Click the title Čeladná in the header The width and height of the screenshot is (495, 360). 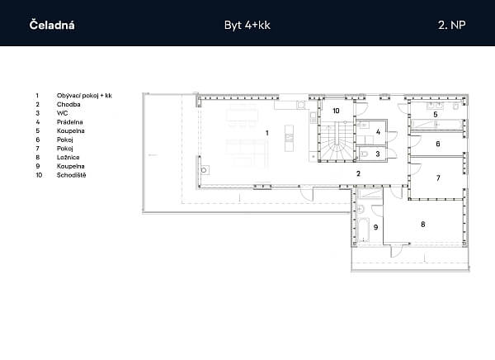(x=52, y=25)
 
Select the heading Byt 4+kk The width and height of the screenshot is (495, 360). (x=247, y=26)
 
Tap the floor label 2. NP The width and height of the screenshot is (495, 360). (x=452, y=25)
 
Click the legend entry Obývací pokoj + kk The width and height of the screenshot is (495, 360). (x=84, y=96)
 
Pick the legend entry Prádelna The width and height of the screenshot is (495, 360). (x=70, y=122)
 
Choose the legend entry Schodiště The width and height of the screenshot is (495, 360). (x=71, y=175)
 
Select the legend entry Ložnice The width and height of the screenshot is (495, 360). (x=68, y=158)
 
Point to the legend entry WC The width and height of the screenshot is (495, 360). (x=62, y=113)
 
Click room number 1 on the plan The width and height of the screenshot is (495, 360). (x=267, y=133)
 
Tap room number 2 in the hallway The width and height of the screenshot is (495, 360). (x=358, y=173)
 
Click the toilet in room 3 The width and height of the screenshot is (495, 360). (x=365, y=154)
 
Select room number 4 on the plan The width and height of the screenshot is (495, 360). (x=378, y=132)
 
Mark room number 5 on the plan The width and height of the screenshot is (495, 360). (x=436, y=115)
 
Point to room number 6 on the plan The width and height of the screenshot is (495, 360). (x=438, y=144)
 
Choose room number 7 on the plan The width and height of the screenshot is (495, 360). (x=438, y=178)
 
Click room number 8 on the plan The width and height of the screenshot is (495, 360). (x=423, y=225)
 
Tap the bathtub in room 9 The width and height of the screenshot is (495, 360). (x=363, y=230)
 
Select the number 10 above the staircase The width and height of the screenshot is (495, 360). (x=336, y=111)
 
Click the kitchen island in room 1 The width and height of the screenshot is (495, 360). (x=289, y=138)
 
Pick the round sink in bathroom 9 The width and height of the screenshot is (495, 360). (x=361, y=209)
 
